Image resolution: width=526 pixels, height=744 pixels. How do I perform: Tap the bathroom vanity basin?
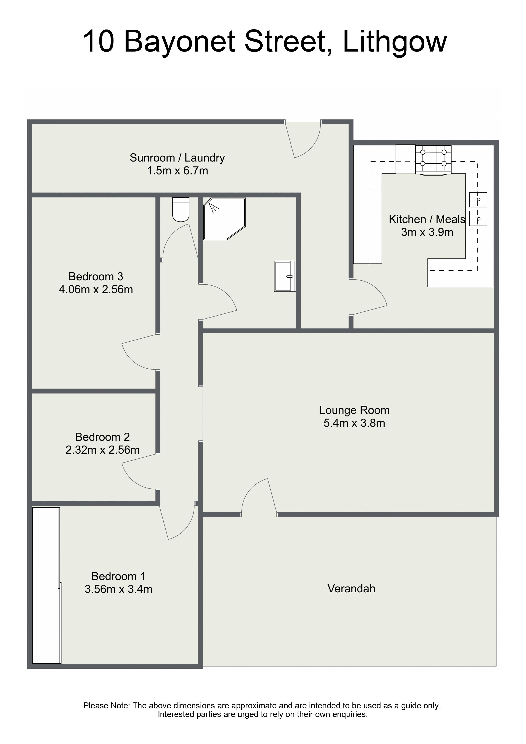285,276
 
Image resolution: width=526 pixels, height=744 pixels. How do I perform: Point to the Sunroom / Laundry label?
177,158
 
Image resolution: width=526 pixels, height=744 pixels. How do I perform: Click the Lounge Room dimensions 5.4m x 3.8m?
354,423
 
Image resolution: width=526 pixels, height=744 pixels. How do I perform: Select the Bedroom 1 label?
118,576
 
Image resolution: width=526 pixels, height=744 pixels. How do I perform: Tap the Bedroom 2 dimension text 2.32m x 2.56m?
102,450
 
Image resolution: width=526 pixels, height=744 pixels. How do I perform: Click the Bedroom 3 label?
96,276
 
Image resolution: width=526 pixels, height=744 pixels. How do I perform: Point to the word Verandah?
351,589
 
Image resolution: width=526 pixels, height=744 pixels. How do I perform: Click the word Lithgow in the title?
395,42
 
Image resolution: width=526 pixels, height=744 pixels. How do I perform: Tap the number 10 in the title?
99,42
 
